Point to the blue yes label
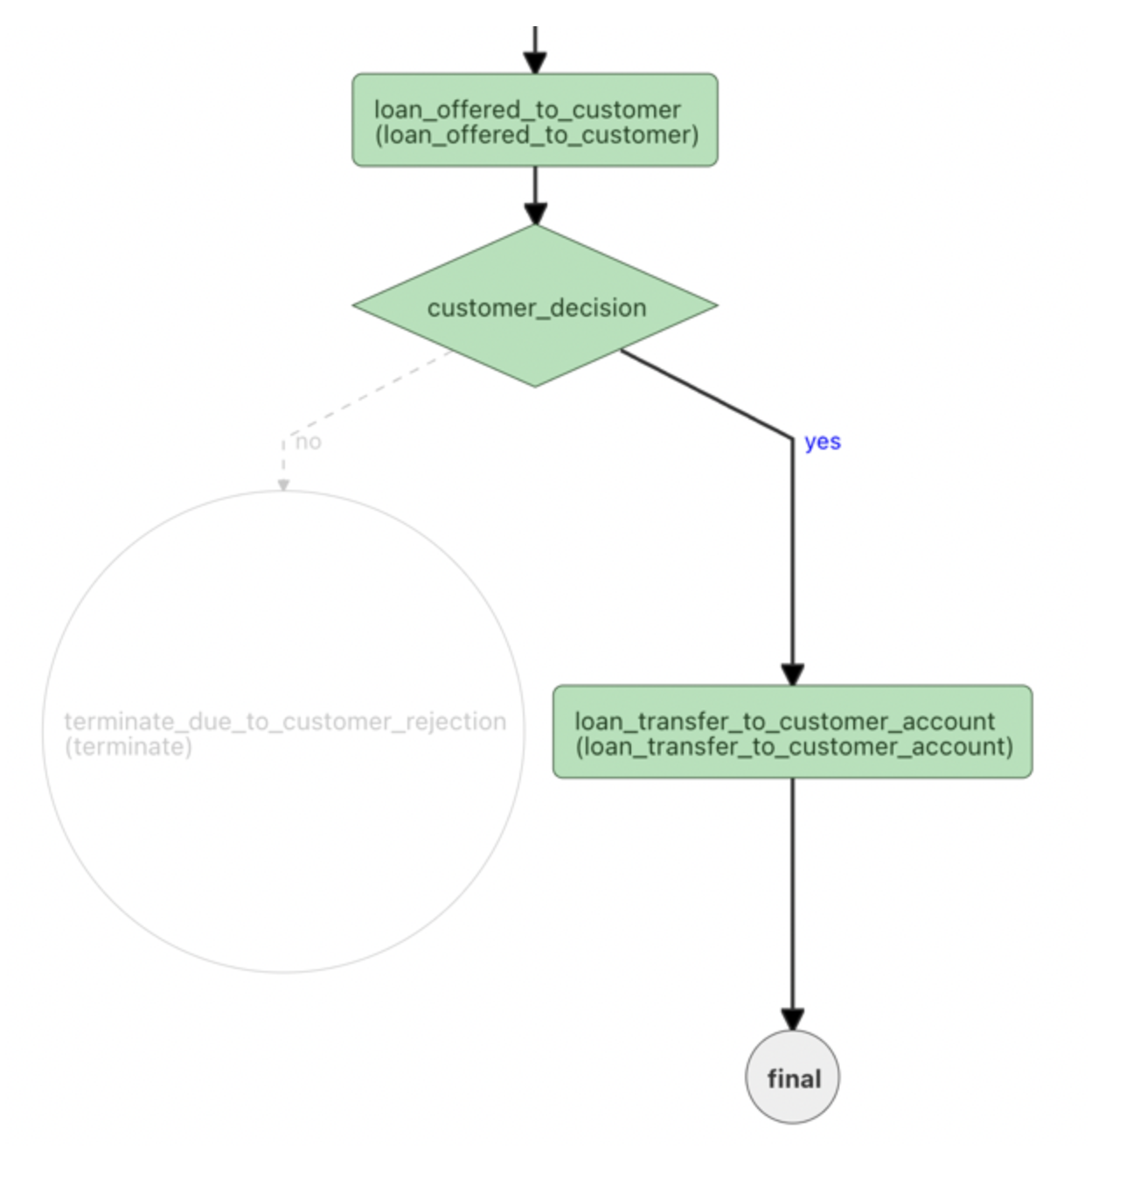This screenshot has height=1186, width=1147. (x=823, y=442)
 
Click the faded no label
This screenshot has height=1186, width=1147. (x=309, y=442)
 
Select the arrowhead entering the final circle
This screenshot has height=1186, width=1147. (x=792, y=1020)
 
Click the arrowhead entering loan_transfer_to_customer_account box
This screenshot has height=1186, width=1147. (x=792, y=674)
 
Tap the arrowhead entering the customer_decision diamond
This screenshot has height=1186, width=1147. (x=535, y=213)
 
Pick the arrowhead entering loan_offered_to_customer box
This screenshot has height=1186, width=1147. (x=535, y=62)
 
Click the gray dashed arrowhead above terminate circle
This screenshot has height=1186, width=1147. (x=283, y=484)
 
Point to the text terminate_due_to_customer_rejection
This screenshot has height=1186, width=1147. (x=285, y=722)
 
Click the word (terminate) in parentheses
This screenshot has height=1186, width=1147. (x=128, y=747)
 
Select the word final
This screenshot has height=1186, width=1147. (x=794, y=1079)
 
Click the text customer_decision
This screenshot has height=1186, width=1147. (x=537, y=308)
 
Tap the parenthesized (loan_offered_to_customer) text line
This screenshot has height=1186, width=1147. (x=536, y=136)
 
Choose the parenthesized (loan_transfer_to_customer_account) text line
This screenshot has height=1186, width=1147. (x=794, y=747)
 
